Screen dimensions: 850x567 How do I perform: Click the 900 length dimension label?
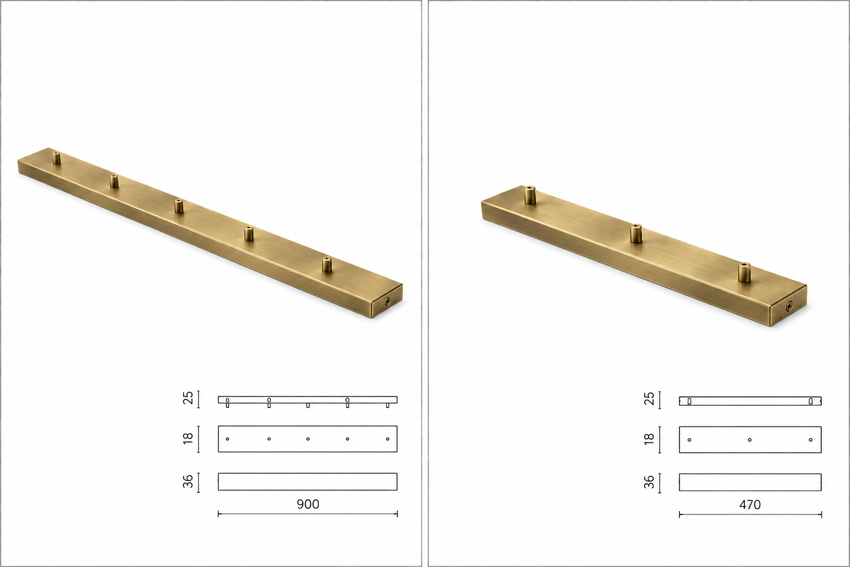(308, 504)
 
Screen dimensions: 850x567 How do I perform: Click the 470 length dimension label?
(750, 505)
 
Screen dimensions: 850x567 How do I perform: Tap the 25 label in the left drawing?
(188, 398)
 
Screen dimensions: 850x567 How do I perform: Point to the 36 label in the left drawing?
(188, 481)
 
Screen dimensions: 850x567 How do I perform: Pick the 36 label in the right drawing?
(649, 482)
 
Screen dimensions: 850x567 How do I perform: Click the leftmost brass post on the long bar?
(56, 158)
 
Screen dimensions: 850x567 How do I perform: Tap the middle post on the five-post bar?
(179, 206)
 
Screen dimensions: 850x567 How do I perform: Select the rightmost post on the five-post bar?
(326, 264)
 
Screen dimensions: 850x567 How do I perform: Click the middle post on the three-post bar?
(636, 234)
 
